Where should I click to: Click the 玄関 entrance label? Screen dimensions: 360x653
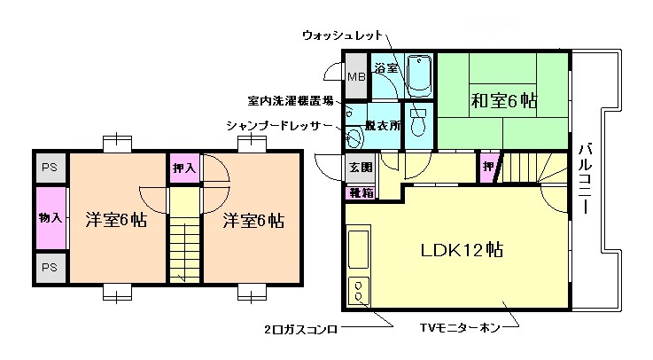(361, 166)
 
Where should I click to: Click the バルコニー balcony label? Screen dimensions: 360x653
(586, 177)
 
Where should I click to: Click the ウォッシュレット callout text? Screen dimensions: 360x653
(343, 35)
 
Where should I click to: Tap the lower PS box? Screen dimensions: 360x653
(50, 267)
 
